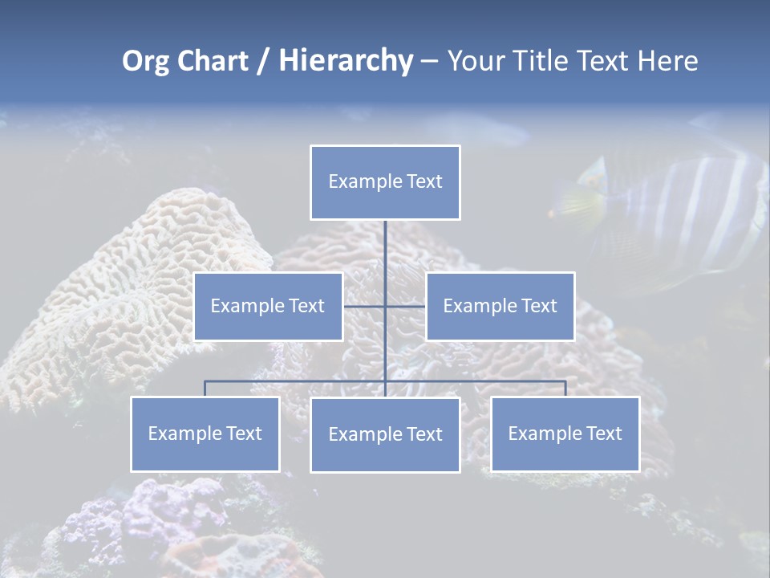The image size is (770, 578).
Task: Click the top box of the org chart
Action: (385, 182)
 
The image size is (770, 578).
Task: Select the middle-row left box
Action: (268, 306)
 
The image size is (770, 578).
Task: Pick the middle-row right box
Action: (500, 306)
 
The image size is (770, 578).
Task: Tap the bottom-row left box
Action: (205, 433)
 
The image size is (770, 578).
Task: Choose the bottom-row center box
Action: (385, 434)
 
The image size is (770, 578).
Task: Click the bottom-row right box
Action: (565, 433)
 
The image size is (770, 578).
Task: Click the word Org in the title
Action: (145, 61)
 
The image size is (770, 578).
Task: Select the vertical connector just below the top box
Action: (385, 241)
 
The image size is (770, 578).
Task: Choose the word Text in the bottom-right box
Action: (603, 433)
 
